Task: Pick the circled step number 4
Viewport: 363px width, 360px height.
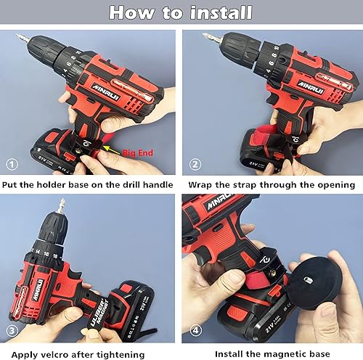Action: (194, 330)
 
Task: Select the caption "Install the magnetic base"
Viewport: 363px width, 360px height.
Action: (272, 352)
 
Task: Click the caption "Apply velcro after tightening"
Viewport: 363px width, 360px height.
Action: (89, 352)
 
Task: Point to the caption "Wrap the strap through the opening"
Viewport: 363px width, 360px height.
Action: (272, 184)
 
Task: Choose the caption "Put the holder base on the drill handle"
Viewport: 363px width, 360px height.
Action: (89, 184)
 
